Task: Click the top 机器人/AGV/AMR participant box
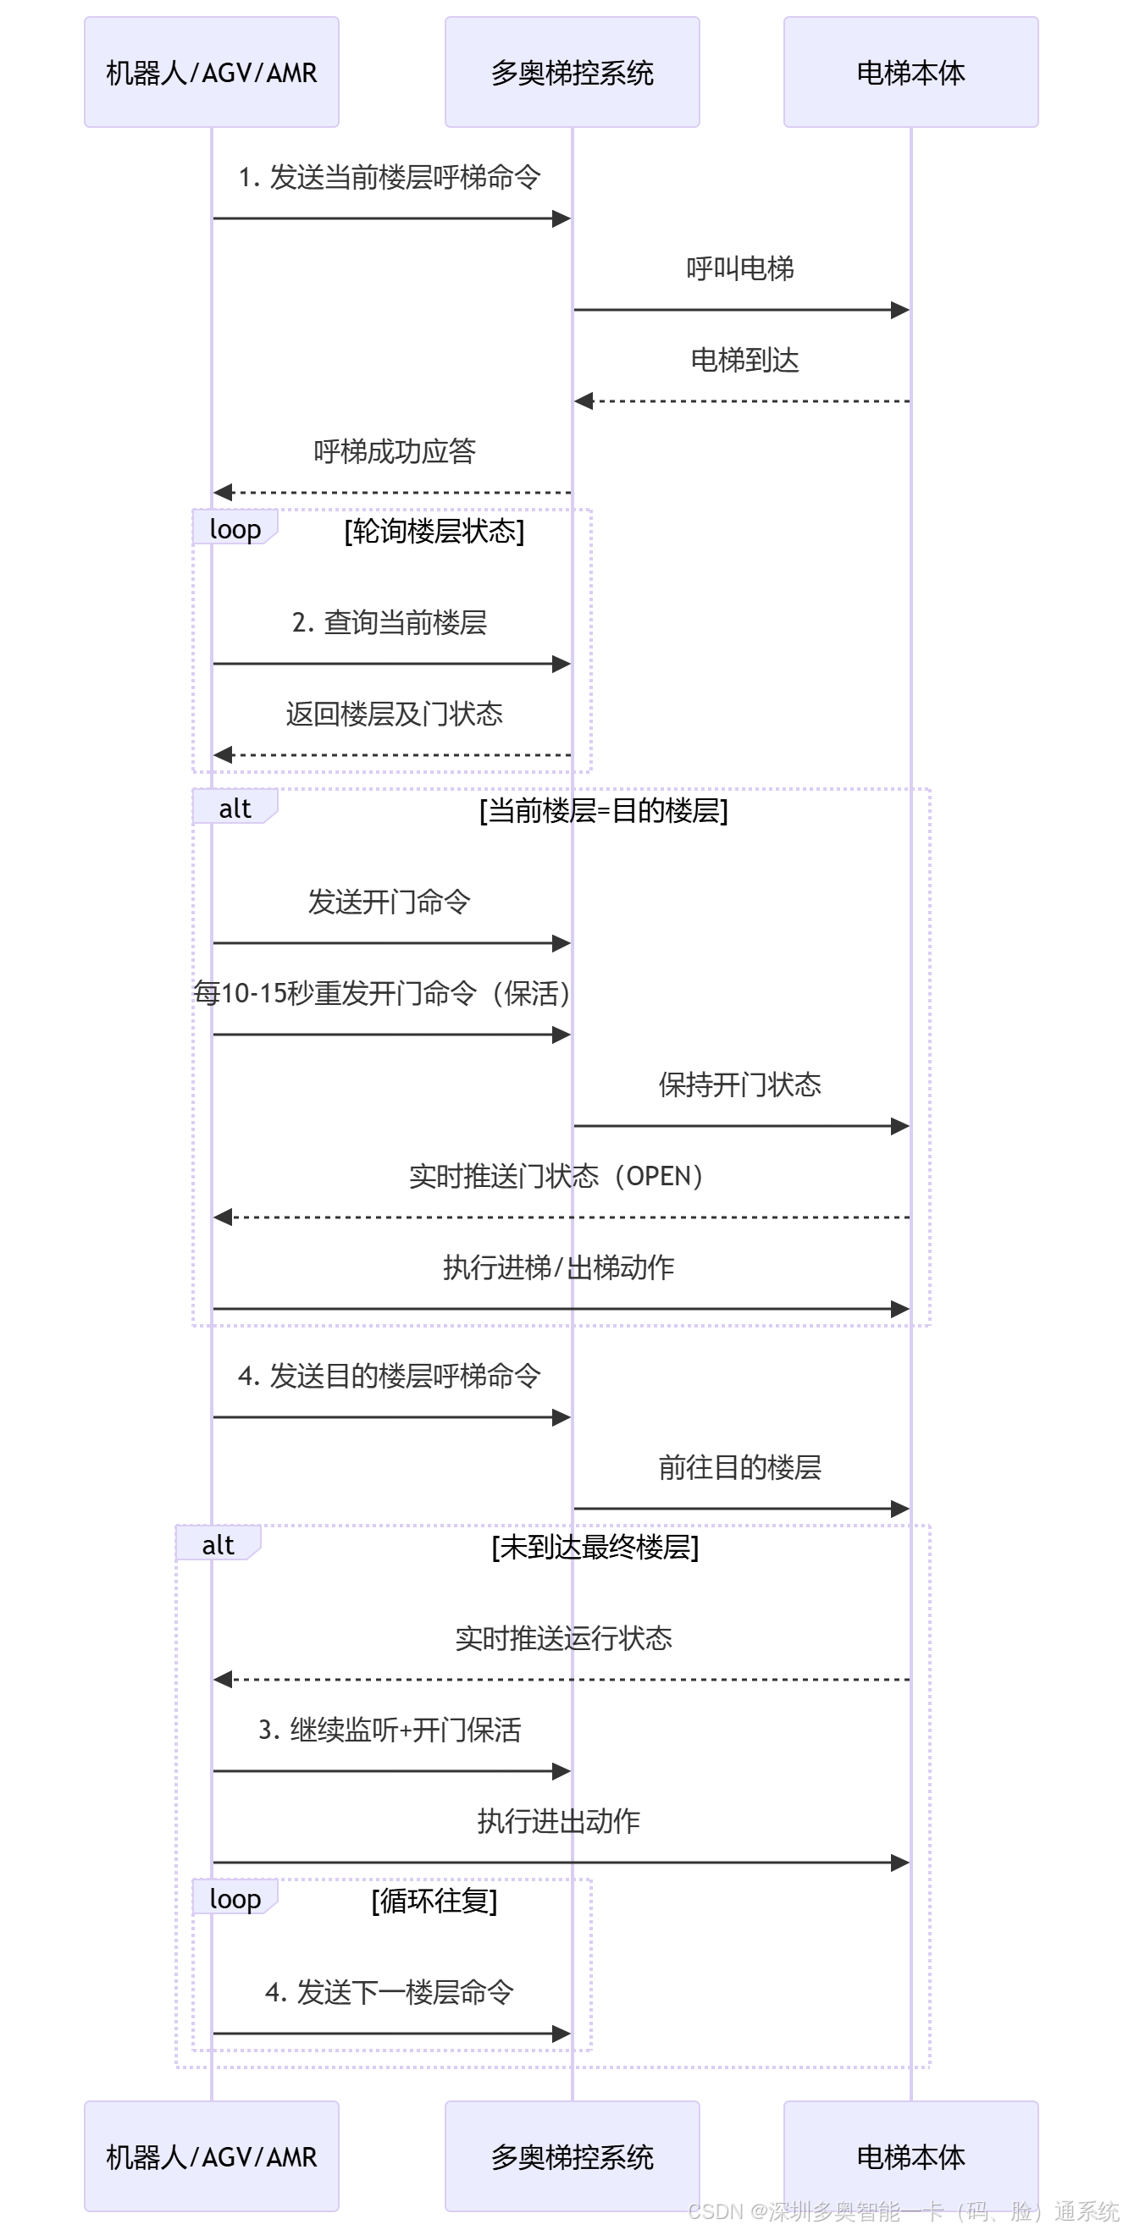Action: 211,72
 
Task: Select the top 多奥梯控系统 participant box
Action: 572,72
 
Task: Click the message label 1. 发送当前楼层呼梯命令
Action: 390,178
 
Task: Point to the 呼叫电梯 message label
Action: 740,269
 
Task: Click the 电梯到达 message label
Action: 744,360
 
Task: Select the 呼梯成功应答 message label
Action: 394,451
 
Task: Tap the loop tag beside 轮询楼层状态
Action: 235,529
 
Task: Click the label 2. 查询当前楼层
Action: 390,622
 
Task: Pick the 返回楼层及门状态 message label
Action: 394,715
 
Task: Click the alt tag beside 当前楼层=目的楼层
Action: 235,809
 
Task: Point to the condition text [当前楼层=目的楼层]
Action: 604,811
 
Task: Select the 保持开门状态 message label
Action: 739,1085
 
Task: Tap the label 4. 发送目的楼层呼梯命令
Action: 390,1376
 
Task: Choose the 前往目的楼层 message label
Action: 739,1467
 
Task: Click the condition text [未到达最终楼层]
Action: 595,1547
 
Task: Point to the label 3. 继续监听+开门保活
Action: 390,1730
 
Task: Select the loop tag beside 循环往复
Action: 235,1899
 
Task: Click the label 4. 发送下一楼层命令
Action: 390,1992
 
